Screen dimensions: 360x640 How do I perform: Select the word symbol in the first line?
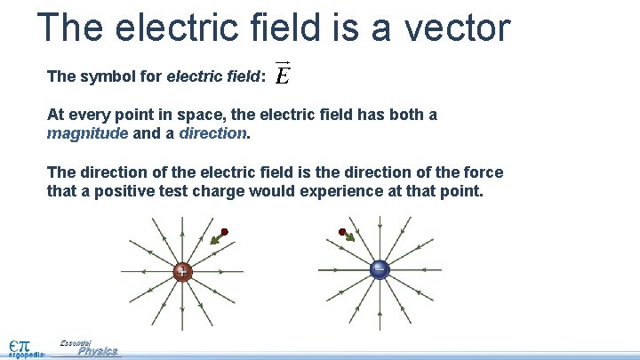[x=103, y=76]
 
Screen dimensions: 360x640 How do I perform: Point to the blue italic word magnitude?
[x=87, y=133]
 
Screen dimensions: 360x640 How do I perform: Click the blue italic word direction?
[x=213, y=133]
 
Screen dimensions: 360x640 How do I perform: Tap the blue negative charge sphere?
[x=380, y=269]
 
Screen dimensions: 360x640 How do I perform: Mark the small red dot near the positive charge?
[x=225, y=231]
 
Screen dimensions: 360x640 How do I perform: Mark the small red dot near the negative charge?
[x=342, y=232]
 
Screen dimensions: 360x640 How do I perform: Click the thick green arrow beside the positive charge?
[x=216, y=238]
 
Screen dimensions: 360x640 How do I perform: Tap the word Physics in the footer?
[x=98, y=352]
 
